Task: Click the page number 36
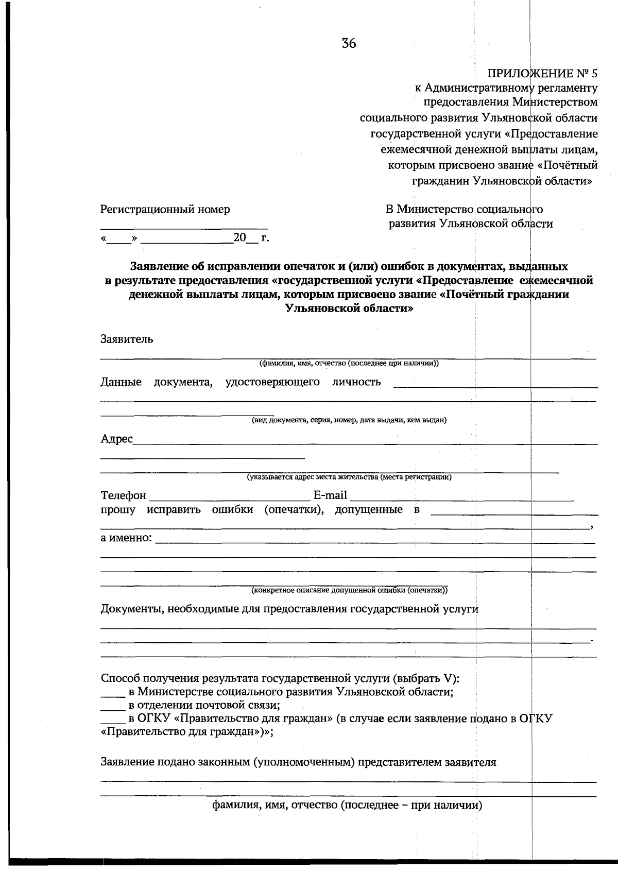point(349,44)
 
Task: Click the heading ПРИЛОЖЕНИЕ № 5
point(542,73)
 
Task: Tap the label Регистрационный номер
point(165,210)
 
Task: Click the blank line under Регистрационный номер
point(184,227)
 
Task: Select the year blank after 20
point(252,240)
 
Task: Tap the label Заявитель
point(127,339)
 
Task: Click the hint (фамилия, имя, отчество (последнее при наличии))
point(349,363)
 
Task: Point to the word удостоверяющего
point(272,382)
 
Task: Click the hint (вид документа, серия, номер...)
point(349,420)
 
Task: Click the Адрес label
point(116,439)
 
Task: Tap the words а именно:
point(126,538)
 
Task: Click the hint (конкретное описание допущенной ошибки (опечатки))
point(349,590)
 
